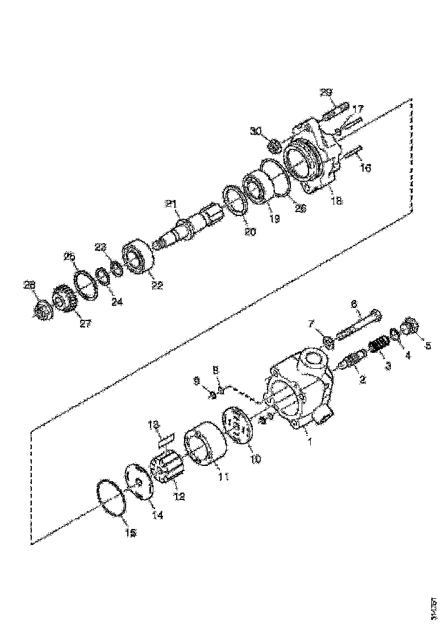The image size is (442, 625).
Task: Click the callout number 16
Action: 365,168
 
